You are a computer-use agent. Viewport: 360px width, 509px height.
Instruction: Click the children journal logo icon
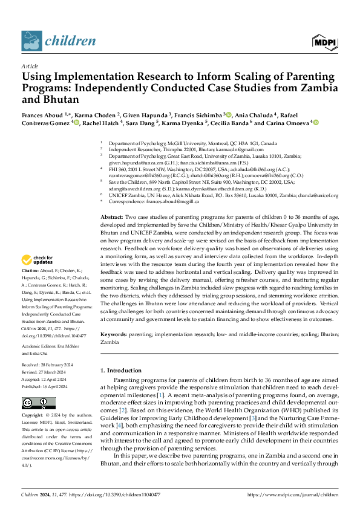(31, 41)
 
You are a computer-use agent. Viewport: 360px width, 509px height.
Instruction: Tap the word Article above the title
(30, 65)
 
